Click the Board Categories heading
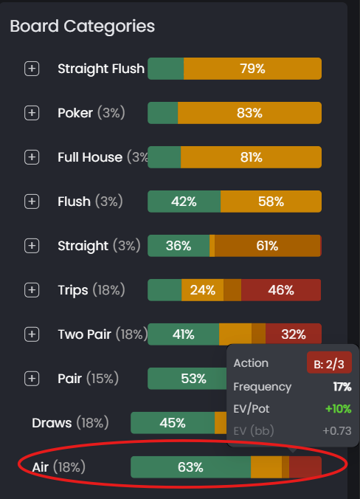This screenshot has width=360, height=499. tap(82, 26)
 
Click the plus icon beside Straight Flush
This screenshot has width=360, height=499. tap(32, 69)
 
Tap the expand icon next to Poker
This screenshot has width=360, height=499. tap(32, 113)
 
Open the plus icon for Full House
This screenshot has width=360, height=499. tap(32, 157)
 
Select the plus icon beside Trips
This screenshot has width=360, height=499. tap(32, 290)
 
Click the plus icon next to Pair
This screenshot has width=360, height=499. tap(32, 379)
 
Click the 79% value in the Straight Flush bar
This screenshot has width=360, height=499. tap(252, 69)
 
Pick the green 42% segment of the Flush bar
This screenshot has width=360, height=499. tap(184, 202)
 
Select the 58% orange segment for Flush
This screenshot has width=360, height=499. tap(271, 202)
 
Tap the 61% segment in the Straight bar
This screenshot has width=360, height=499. tap(267, 246)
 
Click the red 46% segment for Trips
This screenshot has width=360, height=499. tap(281, 290)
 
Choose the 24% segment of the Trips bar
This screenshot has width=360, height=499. tap(202, 290)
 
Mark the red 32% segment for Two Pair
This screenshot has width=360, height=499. tap(293, 334)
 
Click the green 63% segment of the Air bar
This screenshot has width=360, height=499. tap(190, 467)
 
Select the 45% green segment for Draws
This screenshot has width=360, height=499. tap(172, 423)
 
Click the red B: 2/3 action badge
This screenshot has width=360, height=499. tap(329, 363)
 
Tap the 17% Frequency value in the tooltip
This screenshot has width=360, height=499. tap(342, 387)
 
